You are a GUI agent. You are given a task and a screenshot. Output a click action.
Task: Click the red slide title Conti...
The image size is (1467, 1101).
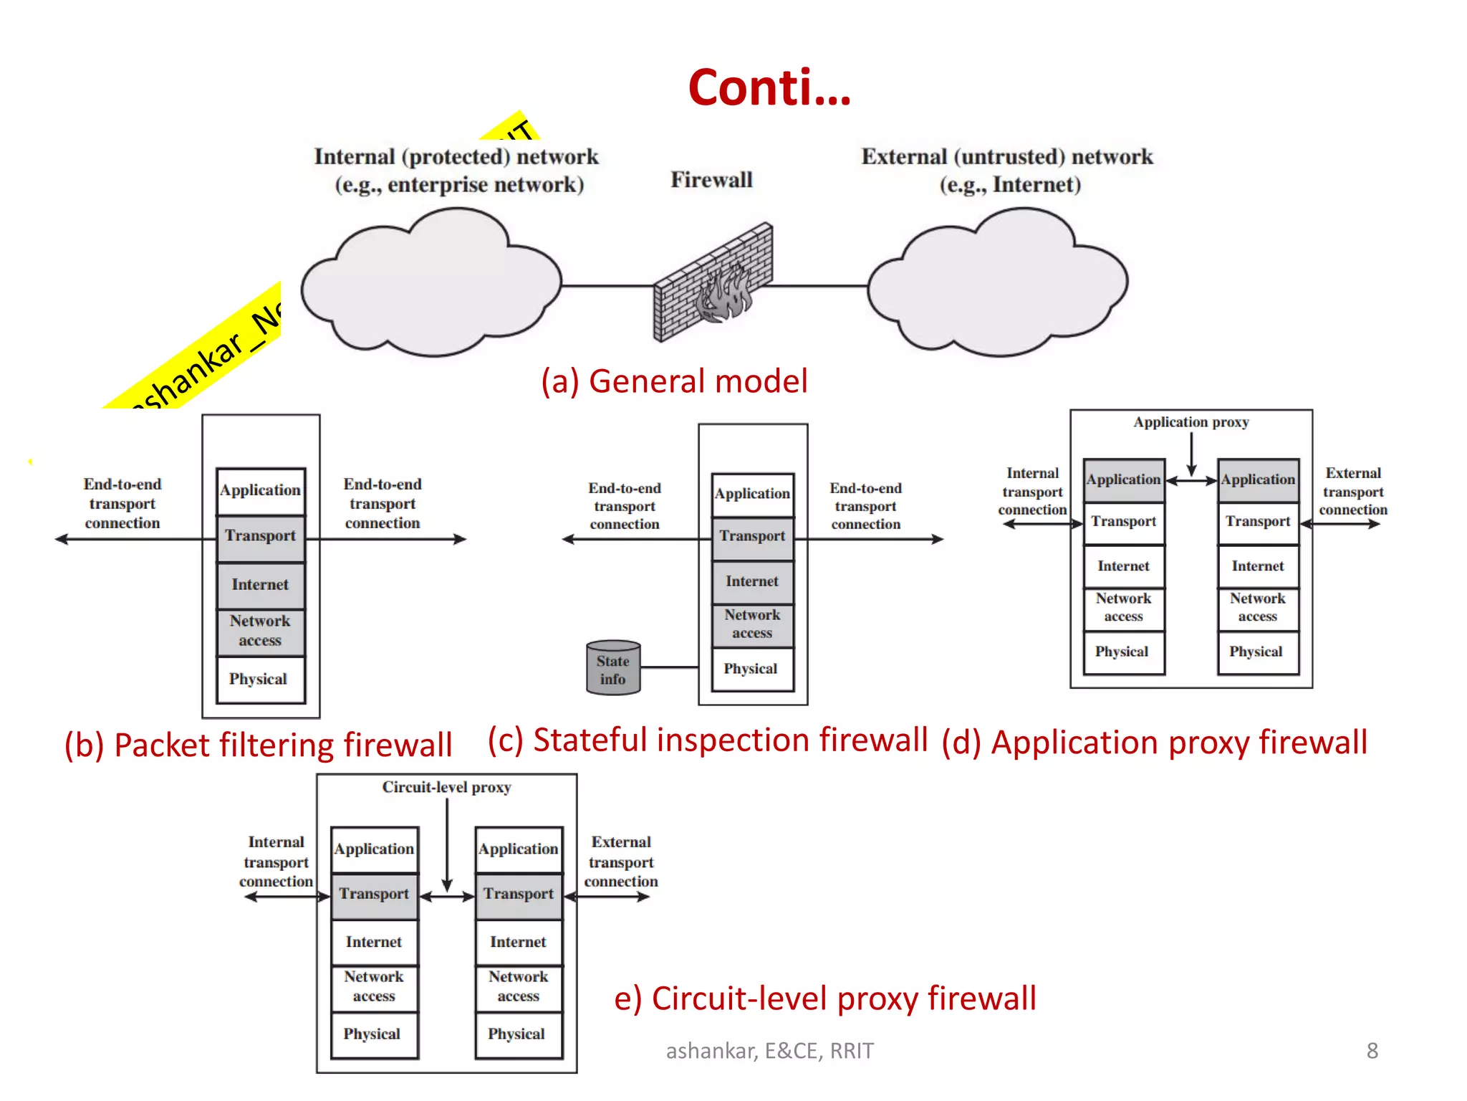tap(769, 87)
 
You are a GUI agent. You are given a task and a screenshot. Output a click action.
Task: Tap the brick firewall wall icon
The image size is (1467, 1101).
tap(713, 283)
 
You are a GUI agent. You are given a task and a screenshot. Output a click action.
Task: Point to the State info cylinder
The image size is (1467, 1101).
tap(613, 669)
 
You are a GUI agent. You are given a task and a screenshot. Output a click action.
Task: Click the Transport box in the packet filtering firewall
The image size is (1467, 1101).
tap(261, 536)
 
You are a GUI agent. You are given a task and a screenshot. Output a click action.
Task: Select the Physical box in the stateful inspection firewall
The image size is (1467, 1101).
tap(751, 669)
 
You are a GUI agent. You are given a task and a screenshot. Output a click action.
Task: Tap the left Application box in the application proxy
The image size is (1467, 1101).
tap(1123, 480)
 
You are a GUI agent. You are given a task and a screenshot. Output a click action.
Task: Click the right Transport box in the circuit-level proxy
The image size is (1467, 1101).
tap(519, 894)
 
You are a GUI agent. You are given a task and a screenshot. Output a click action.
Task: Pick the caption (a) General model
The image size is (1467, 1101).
tap(674, 381)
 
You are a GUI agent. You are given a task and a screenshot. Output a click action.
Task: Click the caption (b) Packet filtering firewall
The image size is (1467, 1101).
tap(259, 745)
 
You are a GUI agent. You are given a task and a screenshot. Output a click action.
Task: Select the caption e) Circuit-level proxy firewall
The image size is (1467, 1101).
tap(825, 998)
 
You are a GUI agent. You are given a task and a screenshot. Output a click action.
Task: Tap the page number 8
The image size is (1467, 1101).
tap(1372, 1051)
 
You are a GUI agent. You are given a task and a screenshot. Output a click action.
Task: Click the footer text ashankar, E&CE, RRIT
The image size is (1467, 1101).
tap(769, 1051)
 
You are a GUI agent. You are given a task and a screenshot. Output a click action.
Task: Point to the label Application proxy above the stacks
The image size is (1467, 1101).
tap(1191, 422)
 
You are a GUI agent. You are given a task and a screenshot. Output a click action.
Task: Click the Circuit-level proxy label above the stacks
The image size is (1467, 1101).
tap(446, 787)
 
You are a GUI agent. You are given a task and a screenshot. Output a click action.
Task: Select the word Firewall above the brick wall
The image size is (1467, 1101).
tap(711, 180)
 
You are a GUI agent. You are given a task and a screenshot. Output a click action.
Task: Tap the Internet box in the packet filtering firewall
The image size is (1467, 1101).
tap(261, 584)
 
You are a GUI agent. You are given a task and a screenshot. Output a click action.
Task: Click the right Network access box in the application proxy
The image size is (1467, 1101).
tap(1258, 607)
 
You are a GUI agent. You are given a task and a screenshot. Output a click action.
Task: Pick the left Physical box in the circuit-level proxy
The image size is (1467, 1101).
tap(373, 1034)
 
